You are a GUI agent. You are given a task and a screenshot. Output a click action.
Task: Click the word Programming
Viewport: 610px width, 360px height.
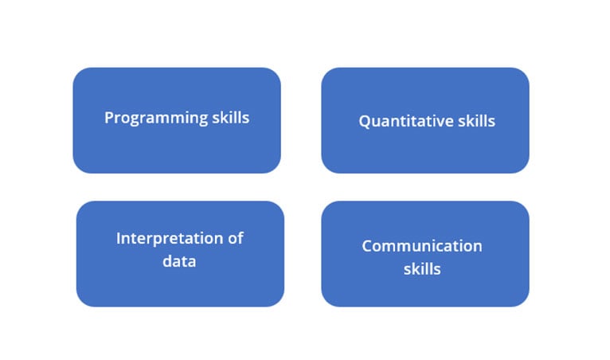tap(156, 119)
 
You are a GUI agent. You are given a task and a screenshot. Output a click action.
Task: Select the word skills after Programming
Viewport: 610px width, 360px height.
tap(231, 117)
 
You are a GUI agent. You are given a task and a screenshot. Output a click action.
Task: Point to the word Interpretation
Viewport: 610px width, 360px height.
tap(170, 238)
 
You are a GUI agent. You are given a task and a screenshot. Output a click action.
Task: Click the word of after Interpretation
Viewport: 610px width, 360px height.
tap(236, 238)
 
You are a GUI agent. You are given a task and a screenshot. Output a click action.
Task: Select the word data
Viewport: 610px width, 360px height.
tap(179, 260)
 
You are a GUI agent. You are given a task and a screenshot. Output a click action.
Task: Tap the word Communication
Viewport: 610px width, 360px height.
tap(422, 246)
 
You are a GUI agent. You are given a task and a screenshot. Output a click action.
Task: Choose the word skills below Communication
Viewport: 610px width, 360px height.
tap(422, 269)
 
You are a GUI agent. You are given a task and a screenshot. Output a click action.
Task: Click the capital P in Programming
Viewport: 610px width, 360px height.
tap(109, 118)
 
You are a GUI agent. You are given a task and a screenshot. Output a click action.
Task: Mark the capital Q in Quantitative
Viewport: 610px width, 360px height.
tap(365, 121)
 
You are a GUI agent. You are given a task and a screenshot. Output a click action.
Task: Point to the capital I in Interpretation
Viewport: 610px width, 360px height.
tap(118, 238)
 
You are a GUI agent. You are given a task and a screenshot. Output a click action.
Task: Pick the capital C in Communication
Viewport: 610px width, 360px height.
tap(368, 246)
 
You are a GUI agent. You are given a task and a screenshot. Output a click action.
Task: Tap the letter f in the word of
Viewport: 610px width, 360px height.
tap(240, 238)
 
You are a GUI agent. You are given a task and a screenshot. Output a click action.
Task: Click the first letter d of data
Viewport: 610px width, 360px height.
tap(167, 260)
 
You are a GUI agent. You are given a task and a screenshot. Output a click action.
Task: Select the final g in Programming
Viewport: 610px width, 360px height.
tap(203, 120)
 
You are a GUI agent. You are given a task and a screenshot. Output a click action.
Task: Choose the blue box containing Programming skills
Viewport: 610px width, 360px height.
tap(177, 120)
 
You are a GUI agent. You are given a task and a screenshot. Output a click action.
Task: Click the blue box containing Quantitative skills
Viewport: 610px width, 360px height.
tap(425, 120)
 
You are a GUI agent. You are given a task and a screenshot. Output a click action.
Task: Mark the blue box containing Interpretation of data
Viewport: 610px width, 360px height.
tap(180, 254)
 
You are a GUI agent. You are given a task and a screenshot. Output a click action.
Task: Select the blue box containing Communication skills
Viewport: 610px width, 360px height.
tap(425, 254)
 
